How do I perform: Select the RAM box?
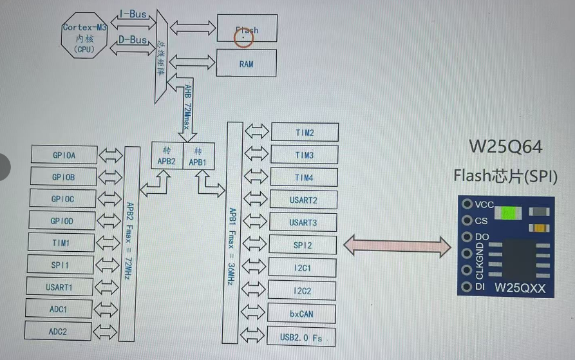tap(247, 64)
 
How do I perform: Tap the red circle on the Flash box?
tap(244, 37)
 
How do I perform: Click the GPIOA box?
tap(64, 155)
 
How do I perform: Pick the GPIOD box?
tap(63, 221)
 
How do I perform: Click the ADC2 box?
tap(57, 331)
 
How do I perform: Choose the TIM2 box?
tap(304, 133)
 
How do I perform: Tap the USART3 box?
tap(303, 222)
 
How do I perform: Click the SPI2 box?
tap(303, 245)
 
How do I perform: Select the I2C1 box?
tap(303, 267)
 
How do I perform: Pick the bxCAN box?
tap(302, 314)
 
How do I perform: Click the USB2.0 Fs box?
tap(302, 337)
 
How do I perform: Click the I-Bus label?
tap(133, 13)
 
